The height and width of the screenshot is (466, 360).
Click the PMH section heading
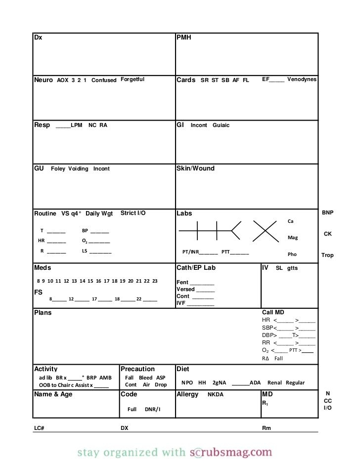184,38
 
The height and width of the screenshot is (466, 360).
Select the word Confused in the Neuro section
104,80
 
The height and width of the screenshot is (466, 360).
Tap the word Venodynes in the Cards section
302,80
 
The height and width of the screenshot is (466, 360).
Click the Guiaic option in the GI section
221,126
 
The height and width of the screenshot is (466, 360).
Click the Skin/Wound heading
195,169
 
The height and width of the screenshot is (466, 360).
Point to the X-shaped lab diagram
266,231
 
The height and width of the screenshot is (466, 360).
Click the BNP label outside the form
328,212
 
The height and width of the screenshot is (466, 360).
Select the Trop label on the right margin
327,255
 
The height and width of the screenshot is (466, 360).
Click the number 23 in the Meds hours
155,281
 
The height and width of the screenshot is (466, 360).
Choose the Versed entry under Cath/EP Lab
186,290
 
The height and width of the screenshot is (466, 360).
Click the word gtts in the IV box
292,268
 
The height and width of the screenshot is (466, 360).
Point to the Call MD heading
273,313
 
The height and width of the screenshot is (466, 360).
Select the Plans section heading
43,313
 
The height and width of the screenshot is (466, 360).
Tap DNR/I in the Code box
152,410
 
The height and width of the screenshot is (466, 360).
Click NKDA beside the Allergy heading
215,395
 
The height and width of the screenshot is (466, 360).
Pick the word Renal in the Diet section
274,383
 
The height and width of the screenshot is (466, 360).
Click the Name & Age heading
53,394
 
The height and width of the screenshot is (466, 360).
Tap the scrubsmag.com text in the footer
231,452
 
